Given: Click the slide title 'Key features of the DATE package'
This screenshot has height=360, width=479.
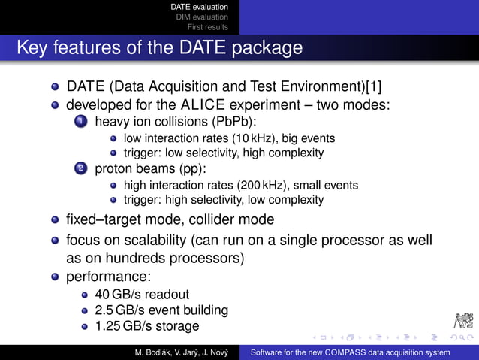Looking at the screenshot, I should click(x=159, y=48).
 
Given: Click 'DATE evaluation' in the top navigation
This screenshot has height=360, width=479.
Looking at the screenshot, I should click(x=200, y=7).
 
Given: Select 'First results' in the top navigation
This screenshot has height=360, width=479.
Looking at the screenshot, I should click(x=208, y=27).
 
